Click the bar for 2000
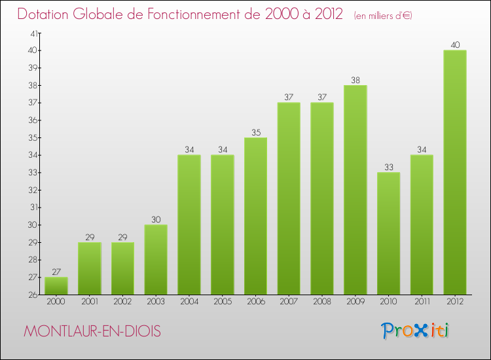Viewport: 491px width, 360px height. click(56, 286)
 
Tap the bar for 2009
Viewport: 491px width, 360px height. click(355, 190)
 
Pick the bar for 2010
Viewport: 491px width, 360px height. click(388, 233)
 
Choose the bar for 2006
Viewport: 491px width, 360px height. click(255, 216)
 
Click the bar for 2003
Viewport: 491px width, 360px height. click(156, 259)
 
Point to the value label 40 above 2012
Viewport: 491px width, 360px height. click(455, 45)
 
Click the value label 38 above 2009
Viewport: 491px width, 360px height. click(355, 80)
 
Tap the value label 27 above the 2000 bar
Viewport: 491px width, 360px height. click(56, 272)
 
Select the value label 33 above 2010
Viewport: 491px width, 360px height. click(388, 167)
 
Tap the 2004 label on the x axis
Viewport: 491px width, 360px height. click(189, 302)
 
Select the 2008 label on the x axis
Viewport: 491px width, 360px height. click(322, 302)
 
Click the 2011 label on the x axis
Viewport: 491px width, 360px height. click(422, 302)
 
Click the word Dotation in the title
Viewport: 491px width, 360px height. click(46, 14)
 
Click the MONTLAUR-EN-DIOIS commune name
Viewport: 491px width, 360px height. click(92, 331)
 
